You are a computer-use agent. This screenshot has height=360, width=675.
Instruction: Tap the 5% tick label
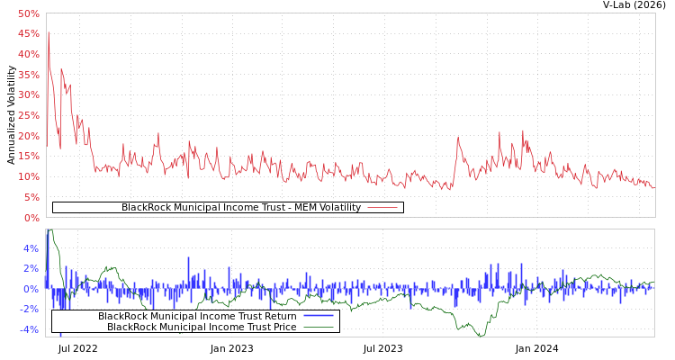click(x=31, y=197)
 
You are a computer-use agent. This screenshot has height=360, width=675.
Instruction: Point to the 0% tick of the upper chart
click(x=31, y=218)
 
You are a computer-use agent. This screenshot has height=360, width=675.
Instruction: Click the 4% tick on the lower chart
click(x=31, y=248)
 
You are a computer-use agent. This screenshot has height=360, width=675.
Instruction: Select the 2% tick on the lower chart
click(x=31, y=268)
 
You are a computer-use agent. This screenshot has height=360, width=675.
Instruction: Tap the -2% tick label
click(x=29, y=309)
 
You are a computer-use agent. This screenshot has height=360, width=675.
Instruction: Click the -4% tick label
click(x=29, y=329)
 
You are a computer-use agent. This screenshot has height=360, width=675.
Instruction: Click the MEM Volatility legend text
click(x=240, y=208)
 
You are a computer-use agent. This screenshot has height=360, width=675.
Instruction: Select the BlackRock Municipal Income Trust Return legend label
click(x=197, y=316)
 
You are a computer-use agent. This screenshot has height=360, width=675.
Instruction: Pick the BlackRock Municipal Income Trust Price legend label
click(x=202, y=327)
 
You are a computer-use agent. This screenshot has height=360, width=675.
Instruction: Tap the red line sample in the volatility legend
click(x=382, y=208)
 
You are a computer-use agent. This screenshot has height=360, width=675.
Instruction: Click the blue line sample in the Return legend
click(x=318, y=316)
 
